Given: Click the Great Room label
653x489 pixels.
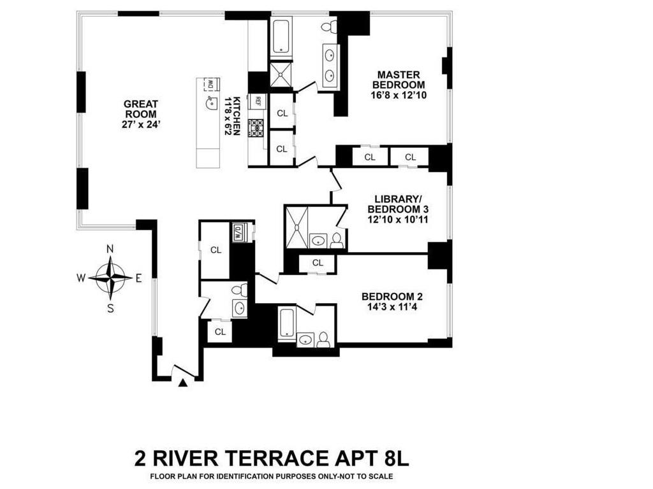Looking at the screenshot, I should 140,109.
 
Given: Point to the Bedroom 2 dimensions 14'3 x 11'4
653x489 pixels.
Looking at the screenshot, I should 392,306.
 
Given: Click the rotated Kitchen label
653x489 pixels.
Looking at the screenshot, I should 237,115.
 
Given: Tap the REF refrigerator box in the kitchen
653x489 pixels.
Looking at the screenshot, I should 257,101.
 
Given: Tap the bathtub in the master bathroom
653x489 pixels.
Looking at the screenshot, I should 281,36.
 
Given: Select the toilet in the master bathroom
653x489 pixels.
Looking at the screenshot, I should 328,27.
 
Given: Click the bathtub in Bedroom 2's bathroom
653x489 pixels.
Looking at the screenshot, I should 286,322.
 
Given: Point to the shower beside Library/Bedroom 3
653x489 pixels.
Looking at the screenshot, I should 296,226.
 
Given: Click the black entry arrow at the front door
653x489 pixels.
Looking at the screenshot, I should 183,383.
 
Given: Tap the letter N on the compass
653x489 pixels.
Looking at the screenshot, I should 110,249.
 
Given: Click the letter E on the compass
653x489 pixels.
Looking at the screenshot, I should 138,278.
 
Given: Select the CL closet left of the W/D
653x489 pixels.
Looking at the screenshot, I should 216,250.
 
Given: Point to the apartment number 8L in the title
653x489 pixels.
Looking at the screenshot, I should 400,458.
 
